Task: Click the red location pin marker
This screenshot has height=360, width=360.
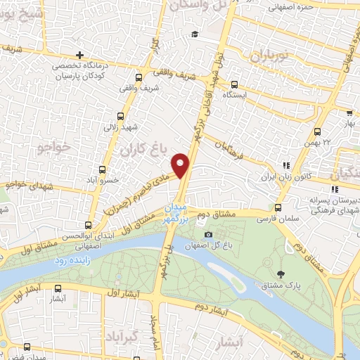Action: [181, 165]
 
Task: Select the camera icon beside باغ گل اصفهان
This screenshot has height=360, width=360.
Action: [207, 234]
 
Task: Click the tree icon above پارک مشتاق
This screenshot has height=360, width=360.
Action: [282, 274]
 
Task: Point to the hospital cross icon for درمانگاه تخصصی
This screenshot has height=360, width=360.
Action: [81, 55]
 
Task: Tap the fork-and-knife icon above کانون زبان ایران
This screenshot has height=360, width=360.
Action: [285, 166]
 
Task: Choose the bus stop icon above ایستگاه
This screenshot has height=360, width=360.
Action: [234, 84]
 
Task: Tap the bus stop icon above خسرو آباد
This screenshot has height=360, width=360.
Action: [103, 169]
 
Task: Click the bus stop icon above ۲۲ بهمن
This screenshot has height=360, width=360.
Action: [318, 131]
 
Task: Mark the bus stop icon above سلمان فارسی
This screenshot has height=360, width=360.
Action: [278, 207]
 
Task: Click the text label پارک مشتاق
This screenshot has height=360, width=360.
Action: [285, 285]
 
